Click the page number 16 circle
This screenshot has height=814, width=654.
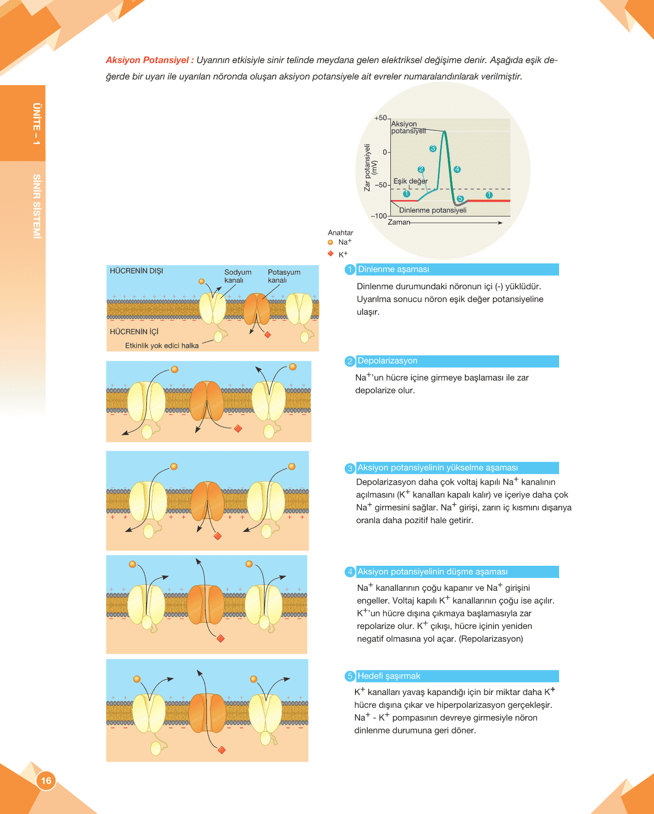tap(46, 781)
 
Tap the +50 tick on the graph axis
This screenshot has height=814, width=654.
tap(381, 118)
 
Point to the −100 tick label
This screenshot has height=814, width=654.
tap(379, 216)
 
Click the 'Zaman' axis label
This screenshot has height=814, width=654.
tap(399, 222)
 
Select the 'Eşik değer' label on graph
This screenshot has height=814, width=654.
tap(410, 181)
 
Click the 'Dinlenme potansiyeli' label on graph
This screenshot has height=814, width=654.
tap(432, 210)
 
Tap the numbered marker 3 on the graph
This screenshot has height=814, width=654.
tap(433, 148)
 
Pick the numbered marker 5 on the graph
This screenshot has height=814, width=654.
tap(460, 198)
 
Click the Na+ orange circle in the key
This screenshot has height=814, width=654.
tap(330, 243)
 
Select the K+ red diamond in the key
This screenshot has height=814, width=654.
tap(330, 254)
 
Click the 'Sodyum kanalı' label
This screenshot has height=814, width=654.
tap(237, 276)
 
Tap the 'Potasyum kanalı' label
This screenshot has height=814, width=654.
tap(284, 276)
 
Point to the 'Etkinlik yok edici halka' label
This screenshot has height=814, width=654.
tap(162, 346)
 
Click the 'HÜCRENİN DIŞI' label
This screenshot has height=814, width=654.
tap(136, 271)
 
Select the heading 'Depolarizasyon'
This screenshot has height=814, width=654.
tap(387, 361)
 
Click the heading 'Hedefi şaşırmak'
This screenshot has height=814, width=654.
tap(388, 676)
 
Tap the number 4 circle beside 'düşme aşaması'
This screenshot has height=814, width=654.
tap(350, 572)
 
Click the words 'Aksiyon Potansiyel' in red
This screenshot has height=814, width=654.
tap(147, 60)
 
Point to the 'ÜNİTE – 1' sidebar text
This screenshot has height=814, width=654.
tap(36, 124)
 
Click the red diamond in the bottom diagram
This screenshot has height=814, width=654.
tap(222, 750)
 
